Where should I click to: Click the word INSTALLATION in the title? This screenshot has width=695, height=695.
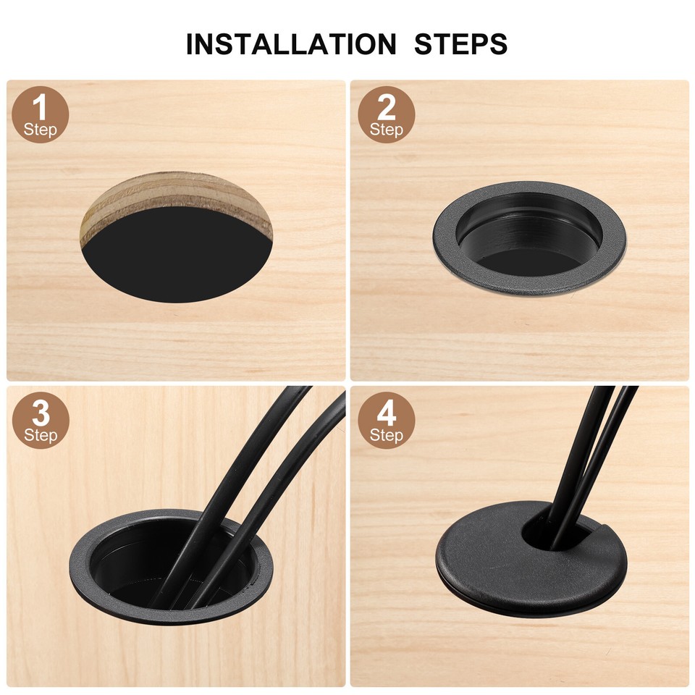(x=291, y=44)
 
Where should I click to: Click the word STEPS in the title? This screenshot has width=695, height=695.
(x=460, y=44)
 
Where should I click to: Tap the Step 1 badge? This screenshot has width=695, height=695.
(x=41, y=114)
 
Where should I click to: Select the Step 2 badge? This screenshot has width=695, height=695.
(x=387, y=114)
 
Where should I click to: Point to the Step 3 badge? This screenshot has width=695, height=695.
(x=41, y=421)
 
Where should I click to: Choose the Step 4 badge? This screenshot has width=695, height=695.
(x=387, y=421)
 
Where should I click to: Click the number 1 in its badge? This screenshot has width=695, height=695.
(x=41, y=106)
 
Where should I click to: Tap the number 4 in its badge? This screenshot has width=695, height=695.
(x=387, y=413)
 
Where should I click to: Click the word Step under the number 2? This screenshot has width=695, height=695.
(x=387, y=130)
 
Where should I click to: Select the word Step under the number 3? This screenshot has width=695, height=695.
(x=41, y=436)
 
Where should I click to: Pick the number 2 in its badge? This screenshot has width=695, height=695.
(x=387, y=107)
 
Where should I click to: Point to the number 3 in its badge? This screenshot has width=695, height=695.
(x=41, y=413)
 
